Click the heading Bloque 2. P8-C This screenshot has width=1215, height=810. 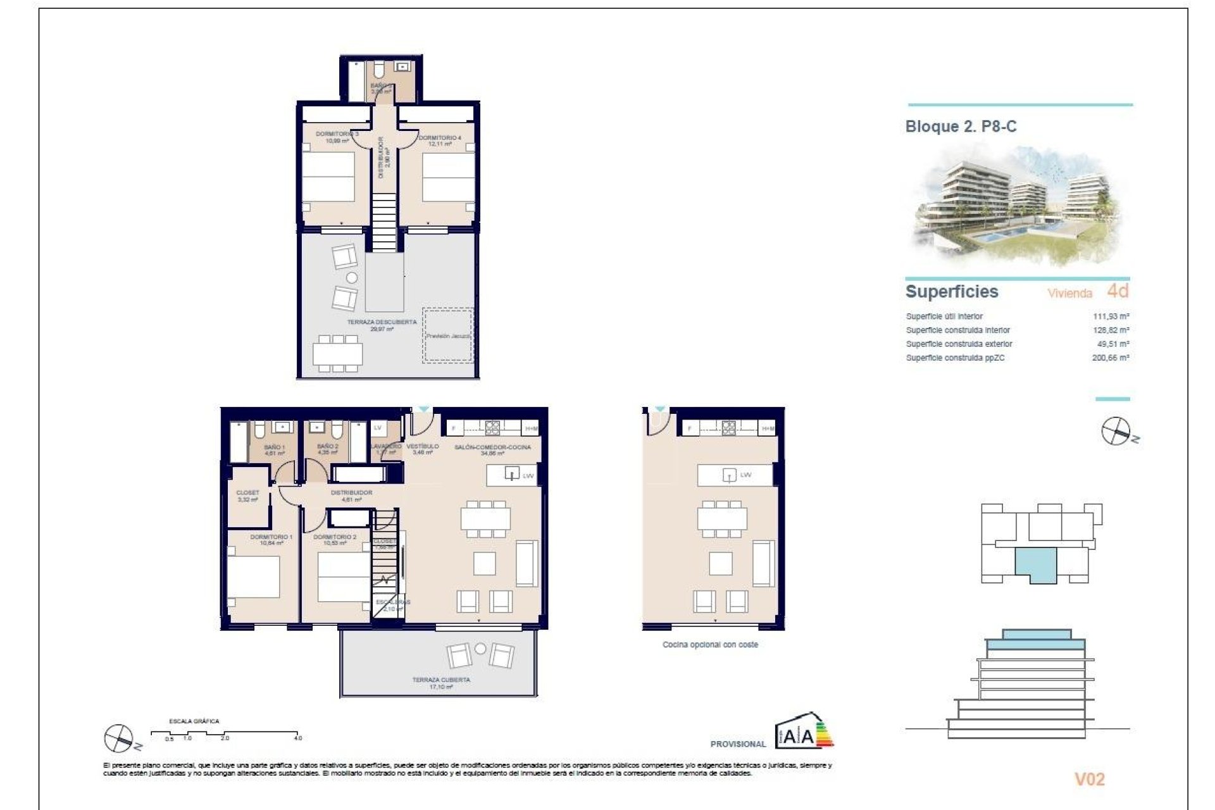pyautogui.click(x=960, y=127)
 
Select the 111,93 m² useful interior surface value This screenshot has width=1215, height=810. pyautogui.click(x=1111, y=316)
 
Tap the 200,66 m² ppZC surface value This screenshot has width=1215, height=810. pyautogui.click(x=1111, y=358)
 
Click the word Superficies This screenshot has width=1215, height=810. pyautogui.click(x=951, y=292)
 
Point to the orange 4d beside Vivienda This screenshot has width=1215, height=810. pyautogui.click(x=1118, y=291)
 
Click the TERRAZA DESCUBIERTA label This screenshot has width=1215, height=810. pyautogui.click(x=382, y=323)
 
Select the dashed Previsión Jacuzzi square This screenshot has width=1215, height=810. pyautogui.click(x=448, y=335)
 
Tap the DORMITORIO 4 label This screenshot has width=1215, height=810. pyautogui.click(x=440, y=138)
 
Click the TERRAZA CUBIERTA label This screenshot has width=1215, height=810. pyautogui.click(x=441, y=680)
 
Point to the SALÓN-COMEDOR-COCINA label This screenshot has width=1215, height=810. pyautogui.click(x=492, y=447)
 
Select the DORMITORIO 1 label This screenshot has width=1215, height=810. pyautogui.click(x=271, y=537)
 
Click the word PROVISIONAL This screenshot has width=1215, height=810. pyautogui.click(x=738, y=744)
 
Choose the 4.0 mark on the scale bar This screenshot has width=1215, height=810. pyautogui.click(x=298, y=738)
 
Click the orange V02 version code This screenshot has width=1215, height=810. pyautogui.click(x=1089, y=780)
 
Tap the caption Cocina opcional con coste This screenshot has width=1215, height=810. pyautogui.click(x=710, y=645)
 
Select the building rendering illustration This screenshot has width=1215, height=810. pyautogui.click(x=1016, y=206)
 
